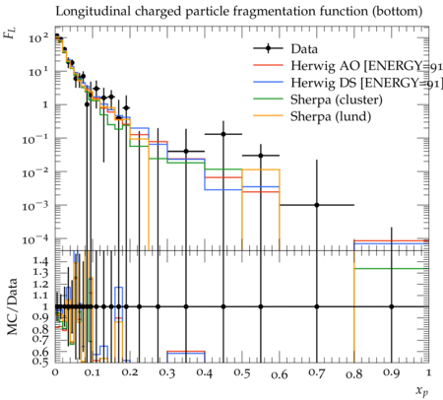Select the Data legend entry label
[x=304, y=49]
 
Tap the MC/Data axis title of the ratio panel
[x=12, y=306]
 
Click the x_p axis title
[x=422, y=391]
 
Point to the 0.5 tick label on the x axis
[x=242, y=373]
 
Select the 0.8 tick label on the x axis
[x=354, y=373]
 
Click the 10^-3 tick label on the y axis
[x=35, y=206]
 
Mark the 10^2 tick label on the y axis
[x=38, y=38]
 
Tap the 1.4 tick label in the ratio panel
[x=40, y=261]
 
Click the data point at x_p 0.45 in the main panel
[x=223, y=134]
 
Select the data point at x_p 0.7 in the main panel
[x=317, y=205]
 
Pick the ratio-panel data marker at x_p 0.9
[x=392, y=306]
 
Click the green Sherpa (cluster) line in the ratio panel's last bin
[x=392, y=269]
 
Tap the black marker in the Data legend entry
[x=268, y=49]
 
